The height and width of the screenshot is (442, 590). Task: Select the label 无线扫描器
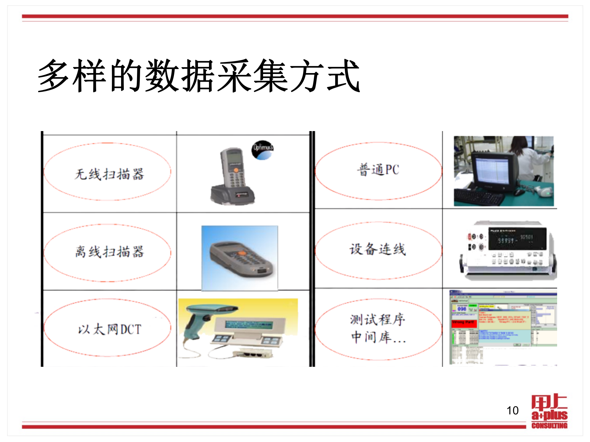pos(109,174)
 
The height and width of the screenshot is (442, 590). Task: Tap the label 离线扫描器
pos(109,252)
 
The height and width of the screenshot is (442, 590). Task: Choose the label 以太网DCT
pos(109,329)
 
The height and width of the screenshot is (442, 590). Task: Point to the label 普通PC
pos(378,170)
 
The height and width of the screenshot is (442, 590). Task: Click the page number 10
pos(512,410)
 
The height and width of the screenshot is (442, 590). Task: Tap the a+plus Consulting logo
pos(549,411)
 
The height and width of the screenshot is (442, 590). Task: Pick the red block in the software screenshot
pos(464,323)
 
